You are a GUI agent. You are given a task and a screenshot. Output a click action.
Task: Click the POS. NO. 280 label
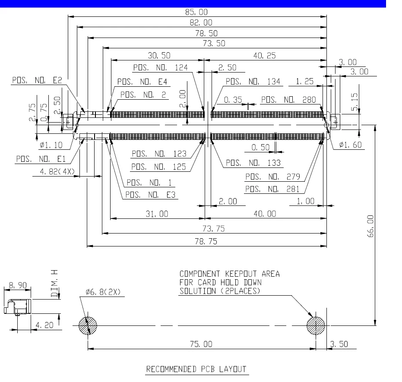[x=288, y=100]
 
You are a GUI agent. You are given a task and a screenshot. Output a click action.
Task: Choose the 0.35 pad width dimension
[x=233, y=100]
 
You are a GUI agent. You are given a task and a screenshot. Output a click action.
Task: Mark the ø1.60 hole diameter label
[x=350, y=145]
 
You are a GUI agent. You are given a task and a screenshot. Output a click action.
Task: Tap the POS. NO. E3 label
[x=150, y=195]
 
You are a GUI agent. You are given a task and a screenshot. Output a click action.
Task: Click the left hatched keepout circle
[x=88, y=325]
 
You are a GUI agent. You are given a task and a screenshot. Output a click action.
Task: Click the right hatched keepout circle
[x=316, y=325]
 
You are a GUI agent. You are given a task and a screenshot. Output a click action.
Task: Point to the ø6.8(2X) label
[x=102, y=292]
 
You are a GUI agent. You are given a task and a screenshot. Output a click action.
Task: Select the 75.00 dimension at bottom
[x=201, y=344]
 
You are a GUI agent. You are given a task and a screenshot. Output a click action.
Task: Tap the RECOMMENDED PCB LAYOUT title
[x=196, y=369]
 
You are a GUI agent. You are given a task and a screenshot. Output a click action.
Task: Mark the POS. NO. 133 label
[x=253, y=163]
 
